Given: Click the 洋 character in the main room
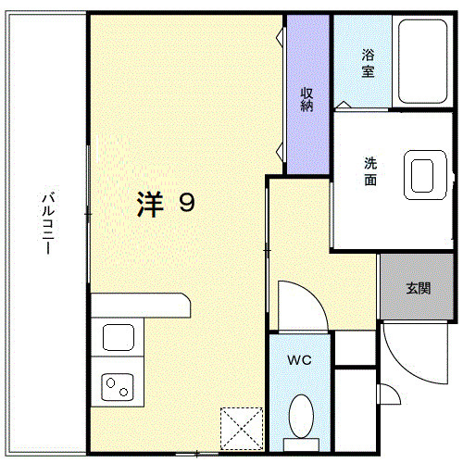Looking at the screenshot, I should coord(149,203).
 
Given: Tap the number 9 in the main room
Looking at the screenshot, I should coord(186,203).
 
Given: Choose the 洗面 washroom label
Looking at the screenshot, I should coord(369,173).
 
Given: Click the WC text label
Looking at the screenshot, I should coord(298,359).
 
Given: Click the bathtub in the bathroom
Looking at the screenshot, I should coord(424,60).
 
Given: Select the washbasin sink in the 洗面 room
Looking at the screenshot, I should coord(424,174).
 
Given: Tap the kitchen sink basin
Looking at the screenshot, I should coord(119,336).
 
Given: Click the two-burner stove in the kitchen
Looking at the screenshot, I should coord(119,384).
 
